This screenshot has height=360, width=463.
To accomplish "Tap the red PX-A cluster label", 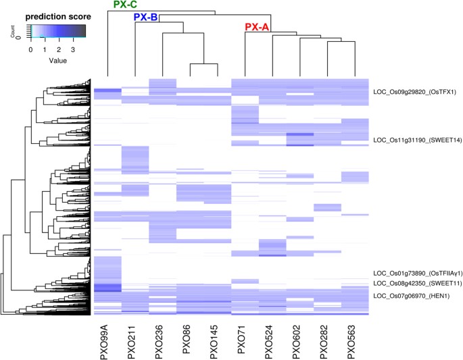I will (257, 28).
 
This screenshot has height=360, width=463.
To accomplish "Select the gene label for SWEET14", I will (414, 140).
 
